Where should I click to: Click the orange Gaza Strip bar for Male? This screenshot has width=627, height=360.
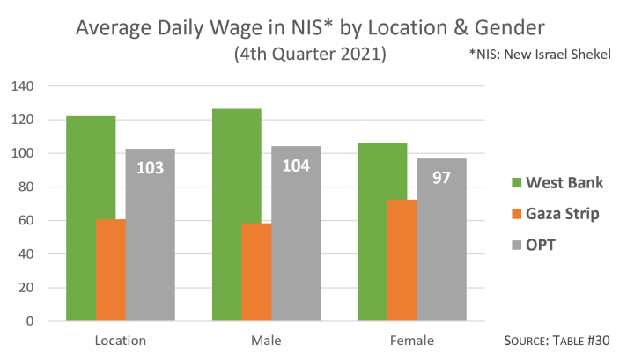(255, 272)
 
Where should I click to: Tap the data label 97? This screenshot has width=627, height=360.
(441, 177)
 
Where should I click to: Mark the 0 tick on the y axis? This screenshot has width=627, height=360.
(29, 321)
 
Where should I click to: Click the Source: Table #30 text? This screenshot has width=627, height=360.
(559, 340)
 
